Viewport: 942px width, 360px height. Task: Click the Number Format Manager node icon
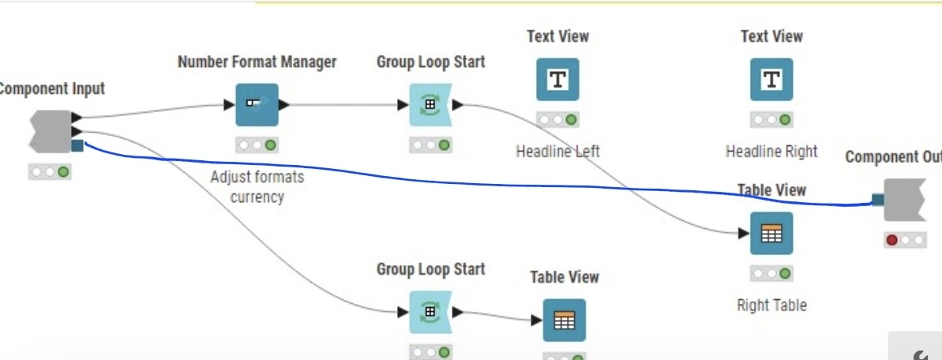[257, 105]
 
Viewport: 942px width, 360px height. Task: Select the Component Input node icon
[51, 131]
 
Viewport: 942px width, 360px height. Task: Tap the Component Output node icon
[904, 200]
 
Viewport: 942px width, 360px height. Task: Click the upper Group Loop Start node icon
[430, 105]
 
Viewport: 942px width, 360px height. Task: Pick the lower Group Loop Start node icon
[430, 312]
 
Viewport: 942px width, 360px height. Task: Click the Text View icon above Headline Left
[557, 80]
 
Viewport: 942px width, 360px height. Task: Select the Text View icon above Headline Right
[771, 80]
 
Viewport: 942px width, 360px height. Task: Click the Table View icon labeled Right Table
[771, 234]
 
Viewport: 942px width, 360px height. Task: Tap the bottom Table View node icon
[564, 320]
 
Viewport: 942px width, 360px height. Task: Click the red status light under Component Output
[892, 240]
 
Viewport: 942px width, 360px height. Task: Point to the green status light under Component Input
[63, 171]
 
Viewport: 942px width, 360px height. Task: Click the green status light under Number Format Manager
[271, 145]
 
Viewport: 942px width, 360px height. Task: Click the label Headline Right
[771, 151]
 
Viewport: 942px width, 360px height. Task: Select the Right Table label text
[771, 305]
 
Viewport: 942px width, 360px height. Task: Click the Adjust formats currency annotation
[257, 187]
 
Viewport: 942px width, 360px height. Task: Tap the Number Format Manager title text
[257, 62]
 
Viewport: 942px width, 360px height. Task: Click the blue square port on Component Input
[77, 145]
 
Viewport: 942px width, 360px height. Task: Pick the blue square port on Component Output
[878, 200]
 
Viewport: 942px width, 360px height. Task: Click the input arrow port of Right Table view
[743, 234]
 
